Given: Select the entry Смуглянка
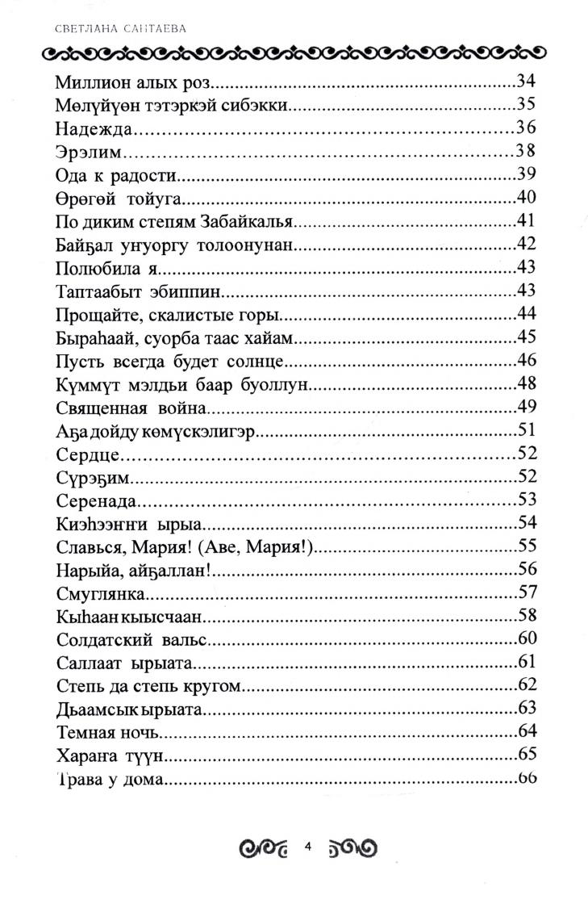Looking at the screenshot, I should point(101,594).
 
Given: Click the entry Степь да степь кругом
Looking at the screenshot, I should point(151,687).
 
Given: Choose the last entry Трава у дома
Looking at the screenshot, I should point(111,780).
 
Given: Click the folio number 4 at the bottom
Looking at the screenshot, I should point(308,847).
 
